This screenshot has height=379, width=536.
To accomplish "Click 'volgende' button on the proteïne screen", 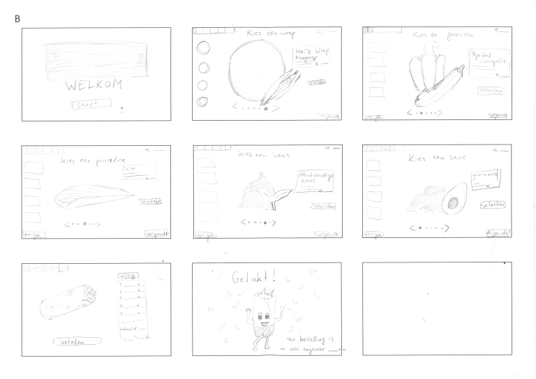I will [x=157, y=233].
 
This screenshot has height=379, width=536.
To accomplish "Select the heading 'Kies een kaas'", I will [x=264, y=154].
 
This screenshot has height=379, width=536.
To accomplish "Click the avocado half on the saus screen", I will [x=455, y=200].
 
